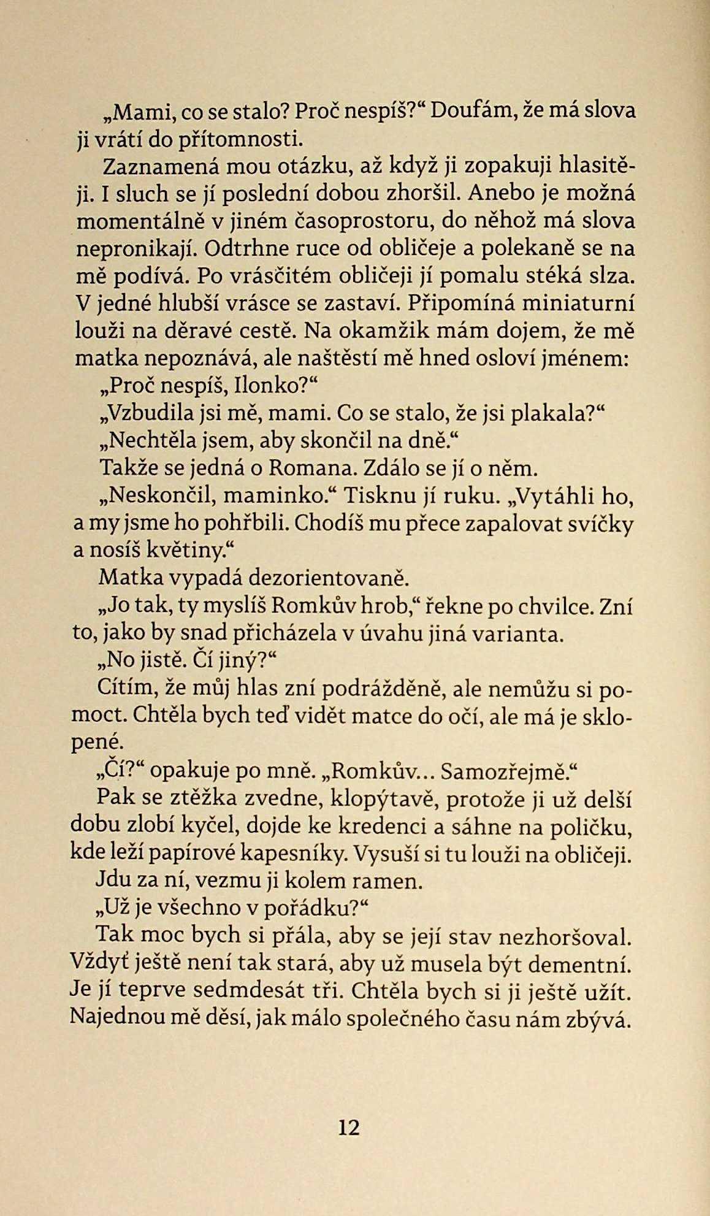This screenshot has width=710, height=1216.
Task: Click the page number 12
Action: click(348, 1128)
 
